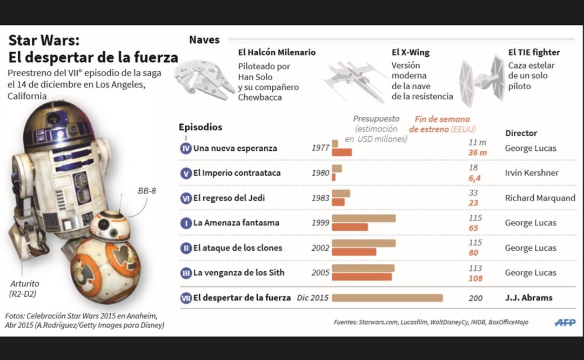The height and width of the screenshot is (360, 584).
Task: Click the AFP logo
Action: coord(565,323)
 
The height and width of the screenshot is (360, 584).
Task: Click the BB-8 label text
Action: coord(147,191)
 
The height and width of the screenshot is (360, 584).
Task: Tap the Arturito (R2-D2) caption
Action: coord(25,288)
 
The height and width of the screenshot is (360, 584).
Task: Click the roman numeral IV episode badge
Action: coord(186,148)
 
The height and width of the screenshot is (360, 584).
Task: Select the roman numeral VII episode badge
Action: coord(186,298)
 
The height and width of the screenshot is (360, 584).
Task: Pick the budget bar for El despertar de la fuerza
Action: coord(387,298)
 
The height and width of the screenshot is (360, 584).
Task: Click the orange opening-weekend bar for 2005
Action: coord(361,277)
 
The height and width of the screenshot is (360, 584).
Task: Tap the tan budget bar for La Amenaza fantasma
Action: coord(364,218)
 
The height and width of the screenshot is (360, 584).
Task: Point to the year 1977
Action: coord(320,148)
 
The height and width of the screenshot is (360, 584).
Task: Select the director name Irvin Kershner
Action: coord(532,173)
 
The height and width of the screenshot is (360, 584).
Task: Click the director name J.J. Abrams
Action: coord(528,298)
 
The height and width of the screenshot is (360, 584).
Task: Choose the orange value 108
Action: coord(475,279)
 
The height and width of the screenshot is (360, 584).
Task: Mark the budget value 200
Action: coord(475,298)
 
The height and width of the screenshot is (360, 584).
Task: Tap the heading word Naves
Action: coord(204,40)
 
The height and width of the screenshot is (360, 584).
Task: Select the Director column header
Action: coord(521,133)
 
